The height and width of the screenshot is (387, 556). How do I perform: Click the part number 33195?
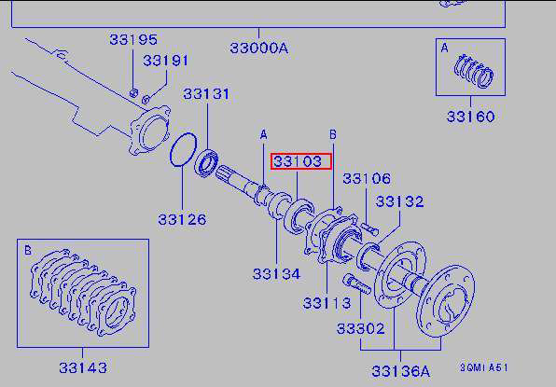click(133, 39)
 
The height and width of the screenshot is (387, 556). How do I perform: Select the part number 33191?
click(166, 61)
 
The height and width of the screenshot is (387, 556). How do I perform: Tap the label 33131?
click(206, 94)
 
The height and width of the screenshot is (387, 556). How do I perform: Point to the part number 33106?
click(367, 179)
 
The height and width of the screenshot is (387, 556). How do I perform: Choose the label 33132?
click(399, 201)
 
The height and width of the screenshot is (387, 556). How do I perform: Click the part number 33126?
click(182, 220)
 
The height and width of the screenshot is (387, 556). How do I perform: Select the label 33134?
click(276, 274)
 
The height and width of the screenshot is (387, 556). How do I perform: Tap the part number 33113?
click(327, 303)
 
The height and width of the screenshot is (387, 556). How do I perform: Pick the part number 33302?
click(360, 329)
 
